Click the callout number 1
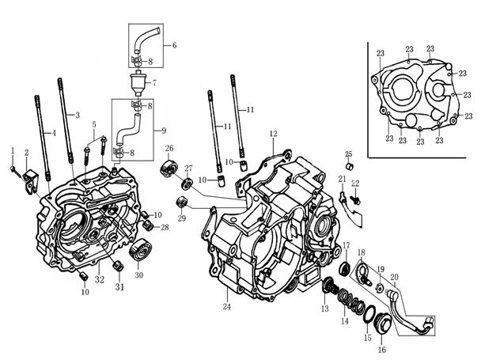click(x=13, y=150)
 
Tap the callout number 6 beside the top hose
click(x=173, y=45)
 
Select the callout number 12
click(x=273, y=134)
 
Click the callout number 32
click(x=100, y=279)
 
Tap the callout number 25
click(x=348, y=153)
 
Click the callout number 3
click(x=78, y=116)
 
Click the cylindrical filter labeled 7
click(x=141, y=81)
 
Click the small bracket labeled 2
click(x=32, y=181)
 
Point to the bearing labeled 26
click(x=167, y=169)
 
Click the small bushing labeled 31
click(x=117, y=267)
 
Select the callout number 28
click(x=165, y=228)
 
